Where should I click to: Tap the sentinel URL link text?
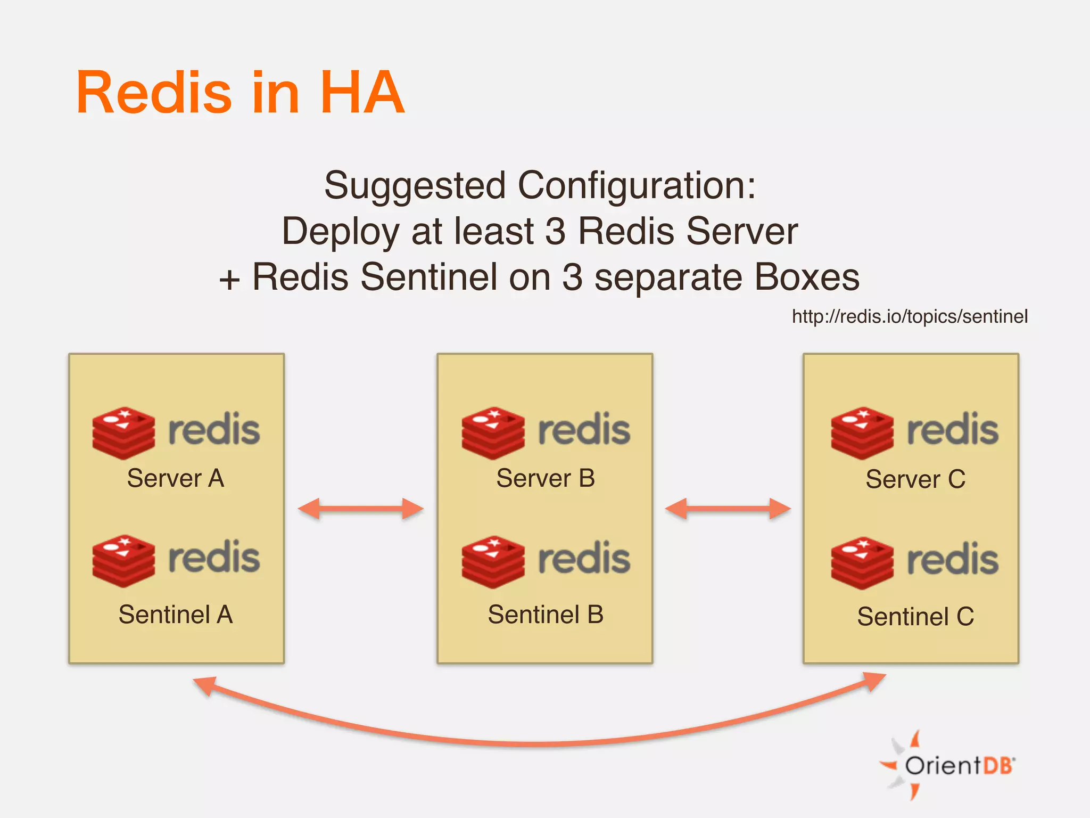(x=910, y=316)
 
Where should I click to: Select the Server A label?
(x=176, y=478)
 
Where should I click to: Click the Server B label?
(x=546, y=478)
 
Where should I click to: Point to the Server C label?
(x=915, y=479)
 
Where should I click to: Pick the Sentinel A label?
(x=176, y=614)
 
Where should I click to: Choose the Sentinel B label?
(x=546, y=614)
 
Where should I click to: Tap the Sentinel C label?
(x=915, y=616)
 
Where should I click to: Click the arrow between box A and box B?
(x=361, y=509)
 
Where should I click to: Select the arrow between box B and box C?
(x=728, y=509)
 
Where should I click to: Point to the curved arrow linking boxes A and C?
(x=538, y=743)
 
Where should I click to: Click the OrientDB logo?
(x=947, y=765)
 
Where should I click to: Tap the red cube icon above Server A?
(x=123, y=433)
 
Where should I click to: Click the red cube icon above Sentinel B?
(x=493, y=562)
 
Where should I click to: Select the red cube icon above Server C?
(x=862, y=433)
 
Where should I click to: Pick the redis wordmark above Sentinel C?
(x=953, y=559)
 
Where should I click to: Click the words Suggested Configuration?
(x=540, y=185)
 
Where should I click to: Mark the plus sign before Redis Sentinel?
(x=229, y=280)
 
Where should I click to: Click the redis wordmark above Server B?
(x=584, y=429)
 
